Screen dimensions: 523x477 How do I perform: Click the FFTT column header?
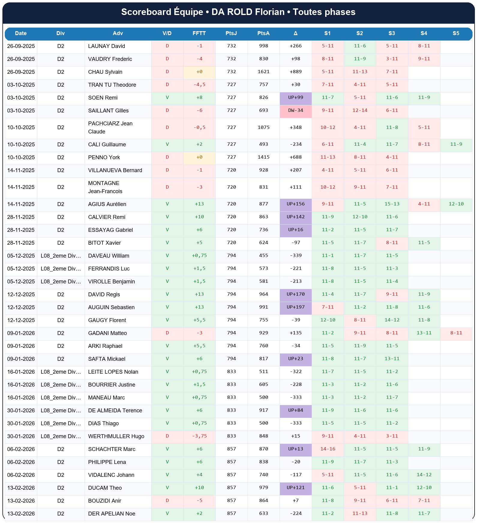tap(199, 33)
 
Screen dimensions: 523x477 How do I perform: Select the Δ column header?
tap(295, 33)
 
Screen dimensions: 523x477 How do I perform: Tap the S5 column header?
tap(456, 33)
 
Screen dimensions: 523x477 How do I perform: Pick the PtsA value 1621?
tap(263, 72)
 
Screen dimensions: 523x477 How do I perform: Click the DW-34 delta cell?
tap(295, 111)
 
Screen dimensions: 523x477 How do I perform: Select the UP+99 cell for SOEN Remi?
tap(295, 98)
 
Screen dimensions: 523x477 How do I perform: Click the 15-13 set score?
tap(392, 204)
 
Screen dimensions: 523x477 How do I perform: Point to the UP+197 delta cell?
tap(295, 307)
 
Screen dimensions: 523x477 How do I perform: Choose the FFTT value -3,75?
tap(199, 436)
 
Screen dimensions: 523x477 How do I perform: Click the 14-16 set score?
tap(328, 449)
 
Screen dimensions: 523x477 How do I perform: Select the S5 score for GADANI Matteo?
tap(456, 333)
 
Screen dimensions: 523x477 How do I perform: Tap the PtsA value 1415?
tap(263, 157)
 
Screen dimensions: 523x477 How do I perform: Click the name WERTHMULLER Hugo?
tap(116, 436)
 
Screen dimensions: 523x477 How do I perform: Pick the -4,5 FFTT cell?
tap(199, 85)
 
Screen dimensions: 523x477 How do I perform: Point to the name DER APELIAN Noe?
tap(112, 514)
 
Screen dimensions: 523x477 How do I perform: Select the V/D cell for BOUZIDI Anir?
tap(167, 501)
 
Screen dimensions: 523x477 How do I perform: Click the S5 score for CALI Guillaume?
tap(456, 145)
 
